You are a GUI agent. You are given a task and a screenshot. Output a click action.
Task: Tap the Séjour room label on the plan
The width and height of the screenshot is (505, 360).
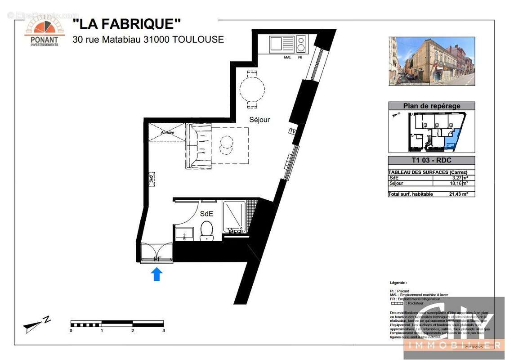click(x=260, y=120)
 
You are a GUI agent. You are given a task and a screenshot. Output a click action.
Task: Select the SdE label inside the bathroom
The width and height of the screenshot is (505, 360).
click(x=206, y=214)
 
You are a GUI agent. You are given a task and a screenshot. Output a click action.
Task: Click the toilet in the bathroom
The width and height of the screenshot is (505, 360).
click(x=207, y=230)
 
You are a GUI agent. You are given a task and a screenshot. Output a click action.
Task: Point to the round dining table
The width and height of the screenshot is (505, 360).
click(x=252, y=89)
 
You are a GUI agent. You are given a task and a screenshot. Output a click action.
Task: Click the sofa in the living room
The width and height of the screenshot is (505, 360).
click(x=198, y=146)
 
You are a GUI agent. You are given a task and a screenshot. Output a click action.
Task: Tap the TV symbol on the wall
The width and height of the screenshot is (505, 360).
click(x=293, y=131)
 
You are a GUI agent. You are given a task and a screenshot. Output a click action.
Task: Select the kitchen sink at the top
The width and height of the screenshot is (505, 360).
click(x=282, y=45)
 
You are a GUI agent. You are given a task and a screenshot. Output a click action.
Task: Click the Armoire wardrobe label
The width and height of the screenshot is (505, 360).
click(x=167, y=133)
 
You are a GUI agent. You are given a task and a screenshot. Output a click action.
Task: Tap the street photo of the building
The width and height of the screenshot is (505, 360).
click(x=431, y=61)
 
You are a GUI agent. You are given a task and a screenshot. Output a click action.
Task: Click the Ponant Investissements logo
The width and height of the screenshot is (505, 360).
click(x=44, y=31)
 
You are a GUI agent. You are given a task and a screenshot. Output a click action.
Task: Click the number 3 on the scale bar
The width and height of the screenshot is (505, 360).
click(x=164, y=331)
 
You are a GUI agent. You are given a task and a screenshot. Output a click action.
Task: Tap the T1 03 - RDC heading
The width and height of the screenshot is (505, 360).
click(x=431, y=161)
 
